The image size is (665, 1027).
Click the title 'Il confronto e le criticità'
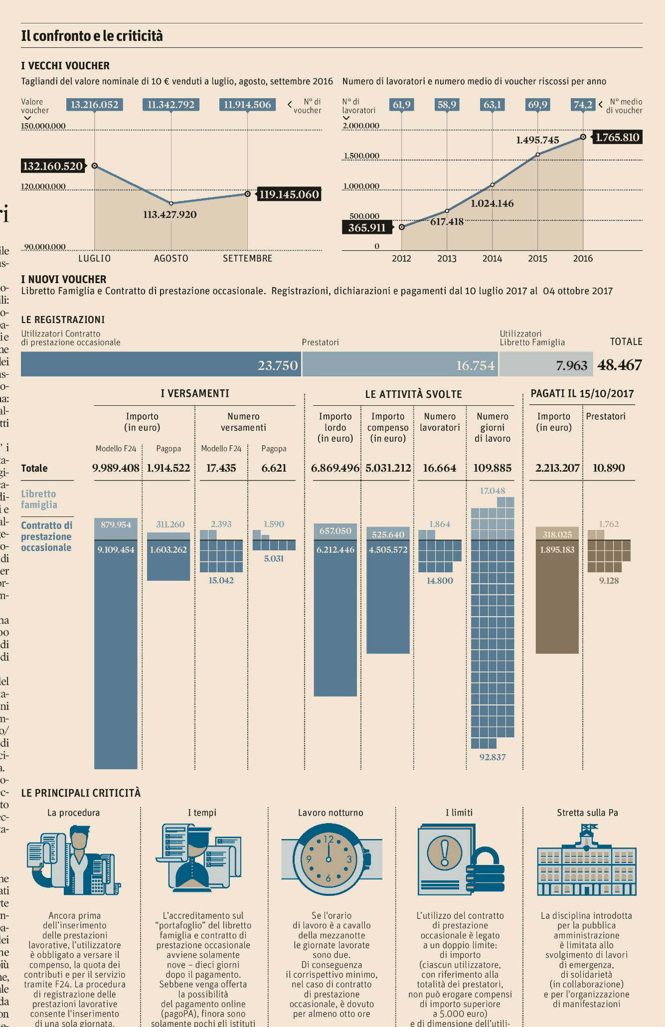click(92, 36)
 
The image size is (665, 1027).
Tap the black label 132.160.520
click(53, 166)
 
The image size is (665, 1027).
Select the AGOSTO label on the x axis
click(171, 258)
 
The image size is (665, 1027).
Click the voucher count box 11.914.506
click(247, 105)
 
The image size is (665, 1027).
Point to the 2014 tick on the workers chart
click(492, 258)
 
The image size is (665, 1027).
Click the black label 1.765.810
click(617, 137)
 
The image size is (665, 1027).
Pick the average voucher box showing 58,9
click(447, 105)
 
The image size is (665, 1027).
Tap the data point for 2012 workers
click(401, 227)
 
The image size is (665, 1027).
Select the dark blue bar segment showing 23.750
click(161, 364)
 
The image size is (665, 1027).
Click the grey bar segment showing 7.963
click(546, 364)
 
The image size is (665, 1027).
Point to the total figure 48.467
click(620, 365)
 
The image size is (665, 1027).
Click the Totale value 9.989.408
click(116, 468)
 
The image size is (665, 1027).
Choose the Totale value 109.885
click(493, 468)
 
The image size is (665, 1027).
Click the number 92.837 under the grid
click(493, 757)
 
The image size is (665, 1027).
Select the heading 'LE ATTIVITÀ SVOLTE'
click(413, 394)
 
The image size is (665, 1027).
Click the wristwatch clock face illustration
click(329, 859)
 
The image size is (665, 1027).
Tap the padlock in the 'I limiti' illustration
click(485, 869)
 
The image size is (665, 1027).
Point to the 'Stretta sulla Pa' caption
click(587, 813)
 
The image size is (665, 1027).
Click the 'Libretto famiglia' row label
click(39, 499)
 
